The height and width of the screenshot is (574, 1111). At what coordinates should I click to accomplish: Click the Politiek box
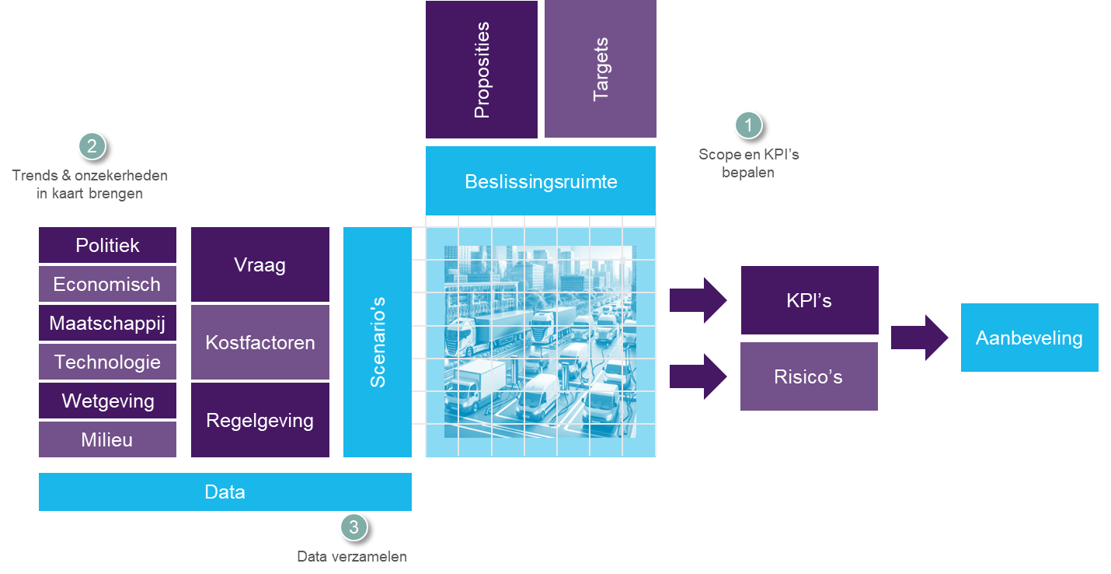click(x=107, y=245)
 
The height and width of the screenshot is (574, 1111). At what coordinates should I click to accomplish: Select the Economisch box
click(x=107, y=284)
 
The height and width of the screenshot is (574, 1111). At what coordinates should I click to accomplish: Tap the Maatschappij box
click(x=107, y=323)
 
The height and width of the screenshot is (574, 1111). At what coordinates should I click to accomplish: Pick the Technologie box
click(x=107, y=362)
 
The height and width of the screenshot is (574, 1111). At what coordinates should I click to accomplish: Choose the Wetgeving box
click(x=107, y=401)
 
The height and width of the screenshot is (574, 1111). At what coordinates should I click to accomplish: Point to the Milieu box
click(x=107, y=439)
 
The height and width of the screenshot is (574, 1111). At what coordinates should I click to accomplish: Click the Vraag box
click(x=259, y=264)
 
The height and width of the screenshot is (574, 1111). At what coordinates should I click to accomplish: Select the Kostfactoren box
click(x=259, y=342)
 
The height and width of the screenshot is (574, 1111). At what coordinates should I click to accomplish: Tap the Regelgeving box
click(x=259, y=420)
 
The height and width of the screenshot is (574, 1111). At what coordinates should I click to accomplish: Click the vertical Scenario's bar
click(x=378, y=342)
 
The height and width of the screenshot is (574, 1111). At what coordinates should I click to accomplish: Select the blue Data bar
click(x=225, y=492)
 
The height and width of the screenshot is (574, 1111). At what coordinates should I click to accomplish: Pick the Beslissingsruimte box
click(x=541, y=181)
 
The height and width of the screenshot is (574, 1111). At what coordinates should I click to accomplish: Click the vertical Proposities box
click(x=482, y=70)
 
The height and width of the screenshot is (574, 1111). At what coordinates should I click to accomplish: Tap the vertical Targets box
click(x=601, y=70)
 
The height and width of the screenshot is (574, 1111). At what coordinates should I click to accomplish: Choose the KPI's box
click(x=810, y=300)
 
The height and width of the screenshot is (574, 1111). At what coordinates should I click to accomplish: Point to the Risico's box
click(x=809, y=376)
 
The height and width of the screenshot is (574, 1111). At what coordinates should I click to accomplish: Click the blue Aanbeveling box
click(x=1029, y=338)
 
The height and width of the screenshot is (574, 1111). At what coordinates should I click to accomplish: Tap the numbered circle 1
click(x=748, y=124)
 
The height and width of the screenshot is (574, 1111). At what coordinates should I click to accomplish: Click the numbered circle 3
click(x=354, y=527)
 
